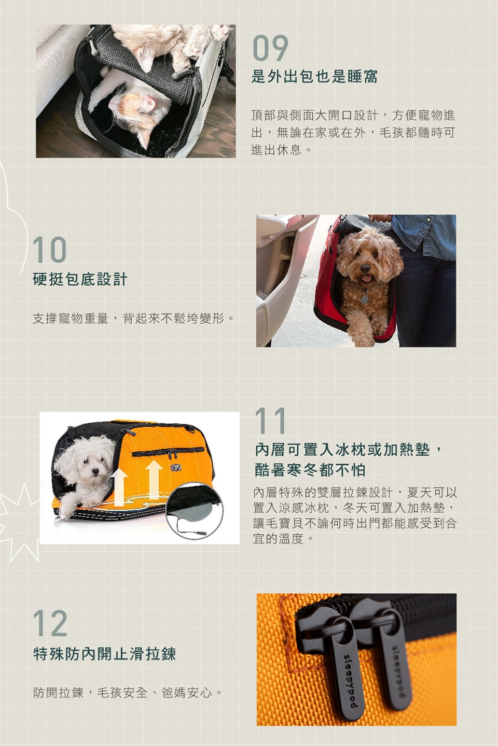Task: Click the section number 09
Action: (x=270, y=48)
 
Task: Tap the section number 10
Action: (x=50, y=250)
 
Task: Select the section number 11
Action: (x=270, y=421)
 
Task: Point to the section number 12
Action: (x=50, y=623)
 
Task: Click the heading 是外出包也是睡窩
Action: (x=314, y=77)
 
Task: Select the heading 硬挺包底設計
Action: (x=80, y=279)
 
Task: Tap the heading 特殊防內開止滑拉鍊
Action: (x=104, y=654)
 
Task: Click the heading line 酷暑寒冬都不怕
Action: (x=310, y=470)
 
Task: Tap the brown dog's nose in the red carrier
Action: (x=365, y=268)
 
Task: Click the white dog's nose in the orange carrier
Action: (x=95, y=471)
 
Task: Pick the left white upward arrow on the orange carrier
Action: (x=119, y=487)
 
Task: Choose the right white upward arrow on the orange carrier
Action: (x=154, y=479)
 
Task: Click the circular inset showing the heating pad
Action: (x=193, y=509)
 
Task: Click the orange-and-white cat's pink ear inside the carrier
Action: (x=147, y=104)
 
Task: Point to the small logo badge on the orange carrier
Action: (x=176, y=468)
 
